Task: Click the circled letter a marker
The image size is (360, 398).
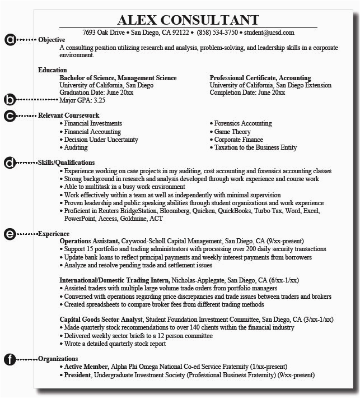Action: (10, 40)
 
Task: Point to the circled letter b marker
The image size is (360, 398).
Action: (10, 100)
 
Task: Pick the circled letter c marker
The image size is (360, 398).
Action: (10, 115)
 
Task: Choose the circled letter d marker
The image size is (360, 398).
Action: (10, 163)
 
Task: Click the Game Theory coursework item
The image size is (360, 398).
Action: (233, 131)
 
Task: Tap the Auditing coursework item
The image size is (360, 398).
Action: (76, 147)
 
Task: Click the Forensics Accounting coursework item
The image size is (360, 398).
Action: (242, 123)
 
